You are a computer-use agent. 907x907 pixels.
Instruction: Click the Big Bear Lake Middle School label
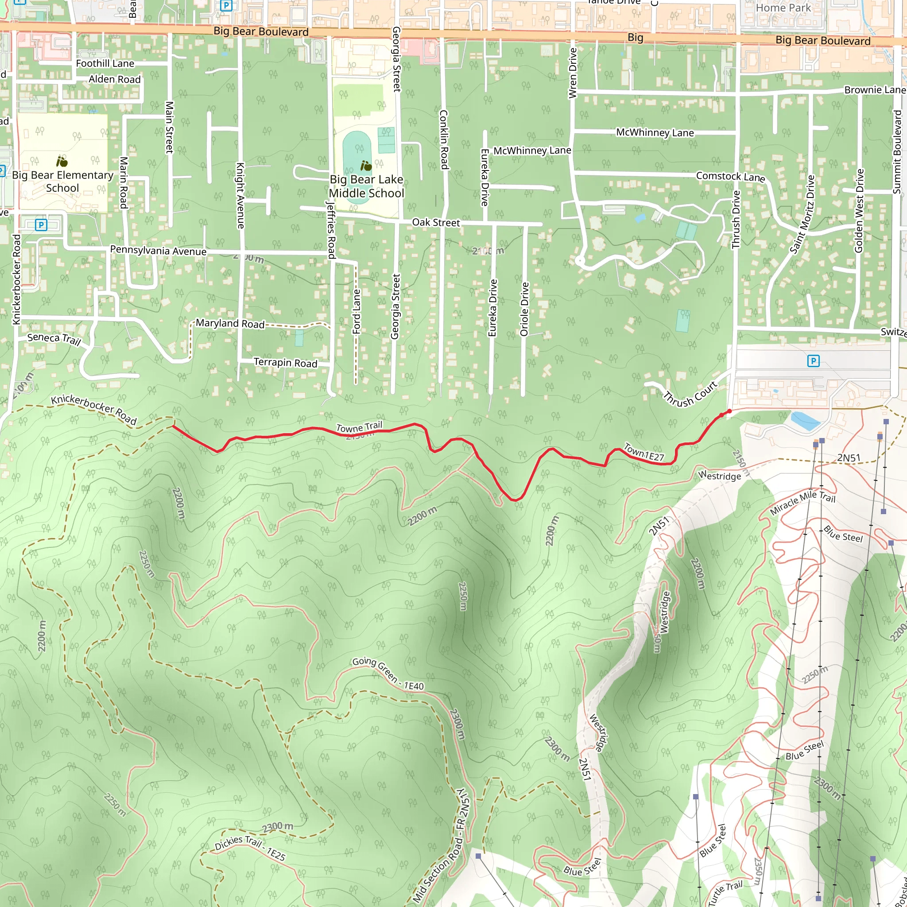(x=366, y=186)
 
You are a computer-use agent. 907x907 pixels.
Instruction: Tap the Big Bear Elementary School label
(x=62, y=181)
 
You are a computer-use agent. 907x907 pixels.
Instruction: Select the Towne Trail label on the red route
(x=359, y=427)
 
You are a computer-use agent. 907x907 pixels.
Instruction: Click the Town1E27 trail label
(x=643, y=453)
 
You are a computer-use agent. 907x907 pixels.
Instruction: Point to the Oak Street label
(x=436, y=222)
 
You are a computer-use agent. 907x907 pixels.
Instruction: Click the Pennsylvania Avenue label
(x=158, y=250)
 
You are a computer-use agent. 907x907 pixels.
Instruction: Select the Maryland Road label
(x=230, y=323)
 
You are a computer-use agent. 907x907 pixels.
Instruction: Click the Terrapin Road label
(x=286, y=363)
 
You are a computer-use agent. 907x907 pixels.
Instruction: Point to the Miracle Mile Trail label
(x=803, y=502)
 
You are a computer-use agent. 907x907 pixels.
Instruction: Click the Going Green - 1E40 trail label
(x=388, y=674)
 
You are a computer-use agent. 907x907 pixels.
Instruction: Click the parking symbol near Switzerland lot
(x=813, y=360)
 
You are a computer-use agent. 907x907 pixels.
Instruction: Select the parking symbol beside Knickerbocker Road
(x=41, y=225)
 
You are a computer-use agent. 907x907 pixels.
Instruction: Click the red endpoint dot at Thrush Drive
(x=729, y=411)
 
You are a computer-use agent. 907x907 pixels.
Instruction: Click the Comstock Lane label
(x=730, y=177)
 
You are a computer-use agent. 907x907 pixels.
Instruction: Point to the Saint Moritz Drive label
(x=802, y=214)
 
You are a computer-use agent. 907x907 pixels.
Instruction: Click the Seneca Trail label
(x=54, y=338)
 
